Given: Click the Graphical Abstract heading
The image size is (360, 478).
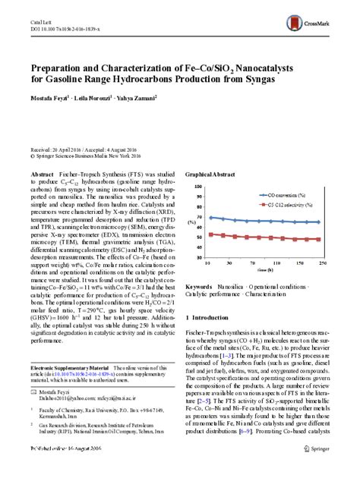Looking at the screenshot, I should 209,174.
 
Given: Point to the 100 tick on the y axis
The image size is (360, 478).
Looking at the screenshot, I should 198,185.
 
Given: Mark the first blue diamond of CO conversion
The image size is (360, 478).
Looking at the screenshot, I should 210,217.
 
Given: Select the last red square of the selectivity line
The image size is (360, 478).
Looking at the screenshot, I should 318,239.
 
